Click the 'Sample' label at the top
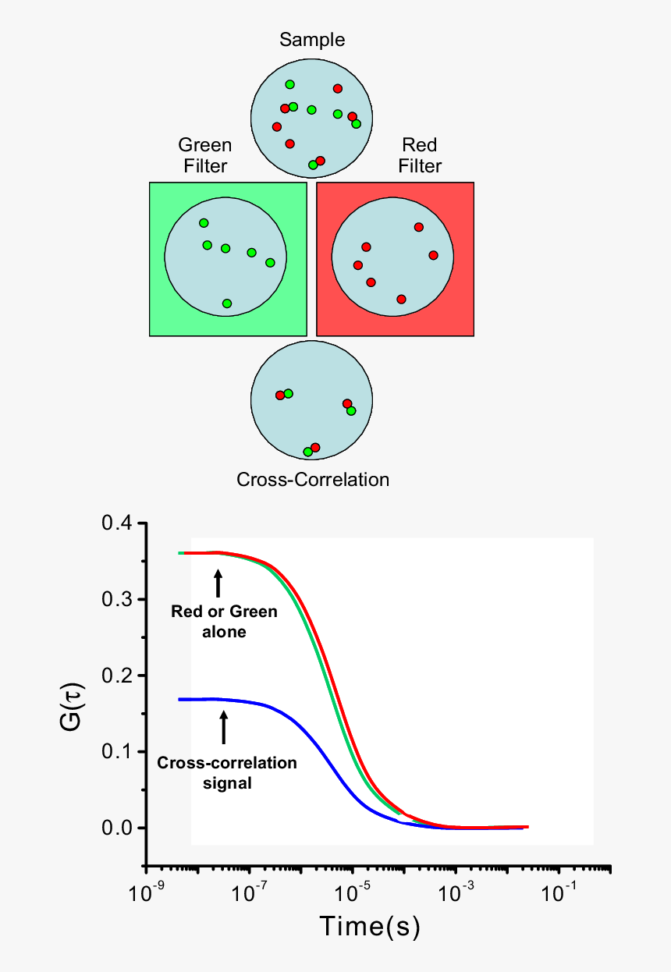point(312,40)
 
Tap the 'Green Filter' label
point(204,155)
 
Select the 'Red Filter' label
point(420,155)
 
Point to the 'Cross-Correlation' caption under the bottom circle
point(312,479)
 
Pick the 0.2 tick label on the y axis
point(119,676)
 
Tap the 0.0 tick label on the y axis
point(119,828)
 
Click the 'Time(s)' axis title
point(370,928)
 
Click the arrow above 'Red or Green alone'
point(218,583)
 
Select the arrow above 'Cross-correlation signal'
point(224,726)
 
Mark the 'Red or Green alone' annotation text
point(224,622)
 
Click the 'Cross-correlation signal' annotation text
point(227,772)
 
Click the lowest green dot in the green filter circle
point(226,303)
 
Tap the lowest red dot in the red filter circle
point(401,300)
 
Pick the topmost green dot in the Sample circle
point(289,84)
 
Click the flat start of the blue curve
point(195,700)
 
